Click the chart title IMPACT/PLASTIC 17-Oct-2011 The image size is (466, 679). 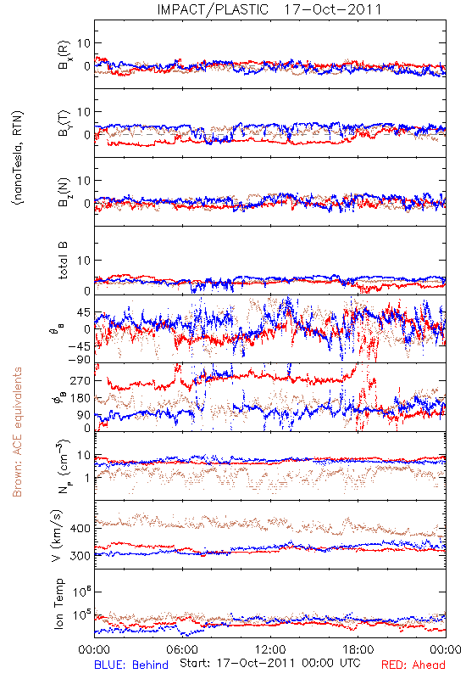[x=269, y=9]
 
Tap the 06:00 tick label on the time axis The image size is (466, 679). [x=182, y=649]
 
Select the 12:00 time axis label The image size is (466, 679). [x=270, y=649]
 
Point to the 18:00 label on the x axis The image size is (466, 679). [x=358, y=649]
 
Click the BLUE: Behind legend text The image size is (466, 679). [x=131, y=665]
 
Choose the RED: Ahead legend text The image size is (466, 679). [x=413, y=665]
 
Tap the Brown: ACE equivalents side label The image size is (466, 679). [x=17, y=432]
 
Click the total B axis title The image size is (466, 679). [x=63, y=261]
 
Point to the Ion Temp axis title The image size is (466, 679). [x=59, y=603]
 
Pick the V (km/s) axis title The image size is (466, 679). [x=57, y=536]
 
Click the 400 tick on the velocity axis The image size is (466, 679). [x=80, y=528]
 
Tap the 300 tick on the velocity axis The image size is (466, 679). [x=80, y=556]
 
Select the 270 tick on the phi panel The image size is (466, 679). [x=80, y=380]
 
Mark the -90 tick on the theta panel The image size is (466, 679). [x=78, y=359]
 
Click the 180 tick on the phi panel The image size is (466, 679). [x=80, y=398]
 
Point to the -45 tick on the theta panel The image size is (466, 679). [x=78, y=346]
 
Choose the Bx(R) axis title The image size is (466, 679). [x=64, y=57]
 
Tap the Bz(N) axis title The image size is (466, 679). [x=64, y=192]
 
